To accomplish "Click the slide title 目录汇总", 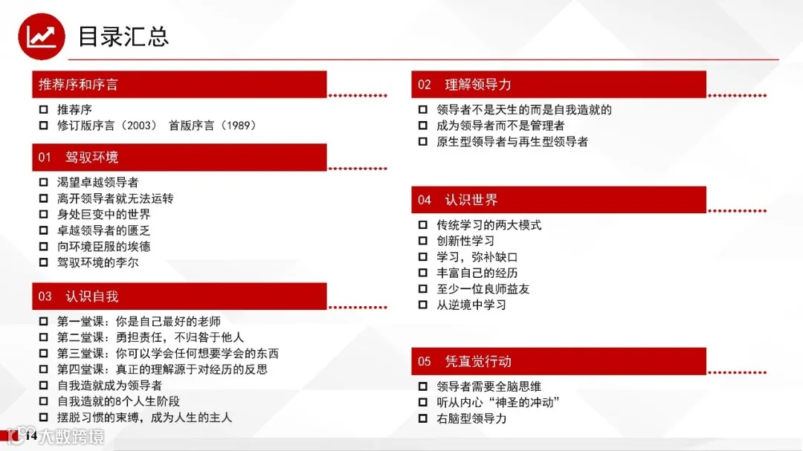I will [x=123, y=36].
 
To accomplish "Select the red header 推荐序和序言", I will [x=78, y=85].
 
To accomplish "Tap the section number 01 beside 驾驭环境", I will [x=45, y=158].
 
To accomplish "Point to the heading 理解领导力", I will [x=478, y=85].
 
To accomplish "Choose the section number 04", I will [x=425, y=200].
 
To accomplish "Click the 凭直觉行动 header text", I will [x=478, y=362].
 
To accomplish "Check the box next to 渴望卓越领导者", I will [x=43, y=183].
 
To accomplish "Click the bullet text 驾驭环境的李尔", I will [x=97, y=262].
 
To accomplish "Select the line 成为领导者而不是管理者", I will [x=500, y=126].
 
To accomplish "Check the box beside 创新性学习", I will [x=423, y=241].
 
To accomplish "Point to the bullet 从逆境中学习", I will [x=471, y=305].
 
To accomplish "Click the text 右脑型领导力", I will [x=471, y=418].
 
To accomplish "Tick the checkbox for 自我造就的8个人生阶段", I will [x=43, y=402].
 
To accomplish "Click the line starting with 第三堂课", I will [x=167, y=354].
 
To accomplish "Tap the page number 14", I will [x=31, y=435].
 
